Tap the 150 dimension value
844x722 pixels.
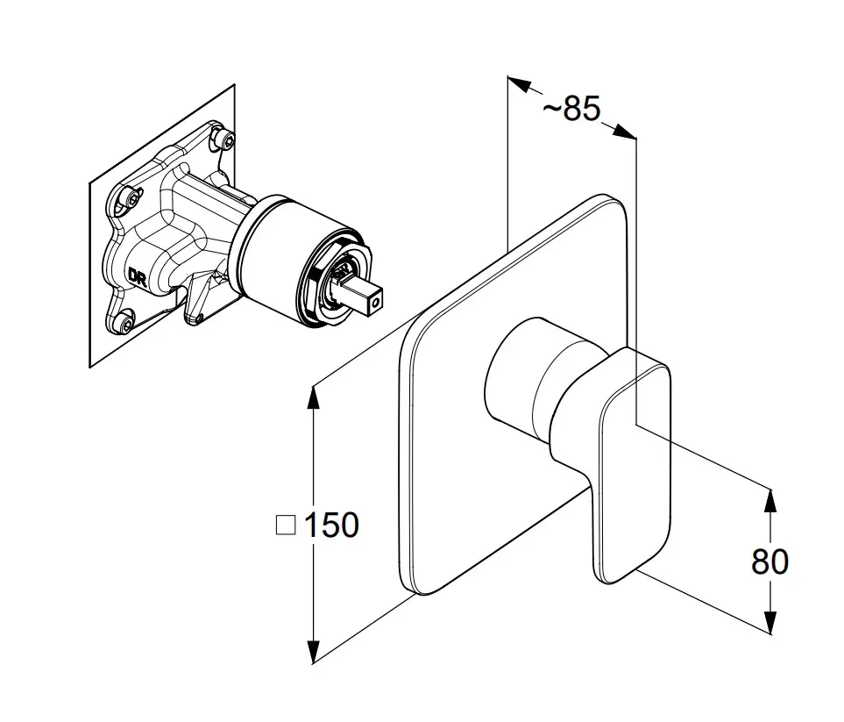(331, 525)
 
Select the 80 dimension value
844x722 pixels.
(770, 561)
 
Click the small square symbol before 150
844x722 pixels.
(286, 525)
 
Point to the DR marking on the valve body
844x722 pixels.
(138, 277)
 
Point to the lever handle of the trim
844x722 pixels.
(635, 465)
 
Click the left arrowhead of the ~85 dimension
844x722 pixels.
(518, 86)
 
